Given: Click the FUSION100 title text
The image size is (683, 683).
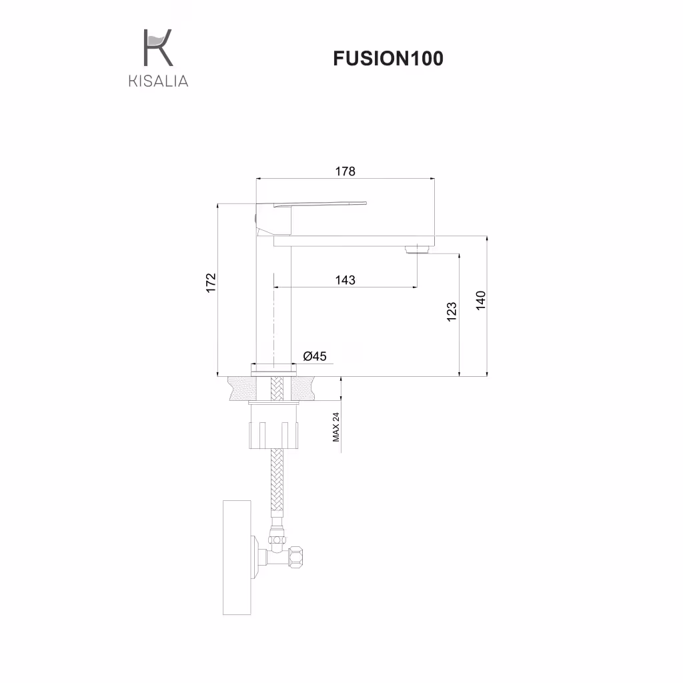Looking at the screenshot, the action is [x=388, y=59].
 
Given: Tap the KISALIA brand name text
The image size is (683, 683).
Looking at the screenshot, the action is [x=159, y=81].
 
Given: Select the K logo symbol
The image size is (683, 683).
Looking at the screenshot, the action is [x=158, y=47].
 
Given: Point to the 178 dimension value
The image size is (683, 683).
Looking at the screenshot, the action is [x=345, y=171].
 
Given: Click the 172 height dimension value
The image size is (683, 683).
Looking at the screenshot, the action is [x=211, y=283].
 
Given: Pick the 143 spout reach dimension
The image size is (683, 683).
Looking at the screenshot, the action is [x=345, y=279].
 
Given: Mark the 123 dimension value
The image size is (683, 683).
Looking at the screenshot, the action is [x=452, y=312].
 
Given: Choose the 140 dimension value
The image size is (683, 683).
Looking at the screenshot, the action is [x=480, y=301].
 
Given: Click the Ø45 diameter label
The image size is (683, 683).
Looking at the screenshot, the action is [x=315, y=356].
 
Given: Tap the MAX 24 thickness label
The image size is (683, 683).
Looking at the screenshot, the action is [x=336, y=427].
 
